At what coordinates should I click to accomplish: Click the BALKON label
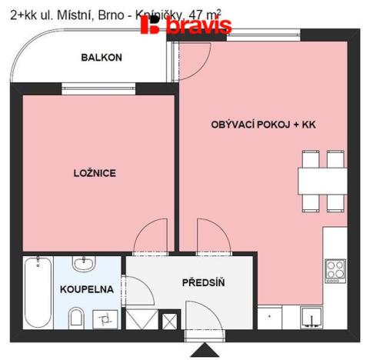(x=102, y=57)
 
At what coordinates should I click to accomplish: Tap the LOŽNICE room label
(x=95, y=173)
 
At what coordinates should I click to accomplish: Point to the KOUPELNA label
(x=85, y=290)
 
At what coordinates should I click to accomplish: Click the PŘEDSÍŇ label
(x=203, y=282)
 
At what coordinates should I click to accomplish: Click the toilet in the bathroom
(x=75, y=316)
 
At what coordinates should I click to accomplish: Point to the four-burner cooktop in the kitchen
(x=335, y=268)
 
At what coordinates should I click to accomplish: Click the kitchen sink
(x=311, y=316)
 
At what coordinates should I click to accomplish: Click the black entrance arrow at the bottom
(x=204, y=350)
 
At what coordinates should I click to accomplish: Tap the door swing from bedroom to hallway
(x=151, y=237)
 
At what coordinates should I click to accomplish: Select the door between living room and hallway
(x=209, y=237)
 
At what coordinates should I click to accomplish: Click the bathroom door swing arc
(x=134, y=291)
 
